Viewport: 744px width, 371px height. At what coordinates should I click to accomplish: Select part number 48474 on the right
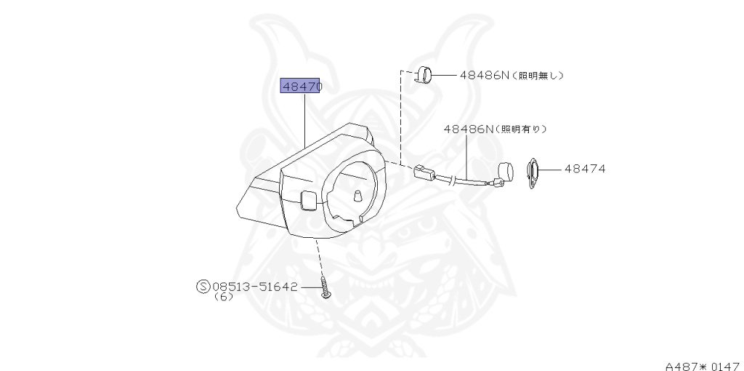(x=585, y=169)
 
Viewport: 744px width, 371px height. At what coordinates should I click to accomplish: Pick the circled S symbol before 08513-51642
(x=203, y=287)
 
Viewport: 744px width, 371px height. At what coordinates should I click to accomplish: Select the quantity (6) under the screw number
(x=224, y=297)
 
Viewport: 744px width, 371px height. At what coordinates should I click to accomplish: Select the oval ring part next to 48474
(x=532, y=174)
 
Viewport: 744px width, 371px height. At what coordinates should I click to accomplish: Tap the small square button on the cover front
(x=307, y=199)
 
